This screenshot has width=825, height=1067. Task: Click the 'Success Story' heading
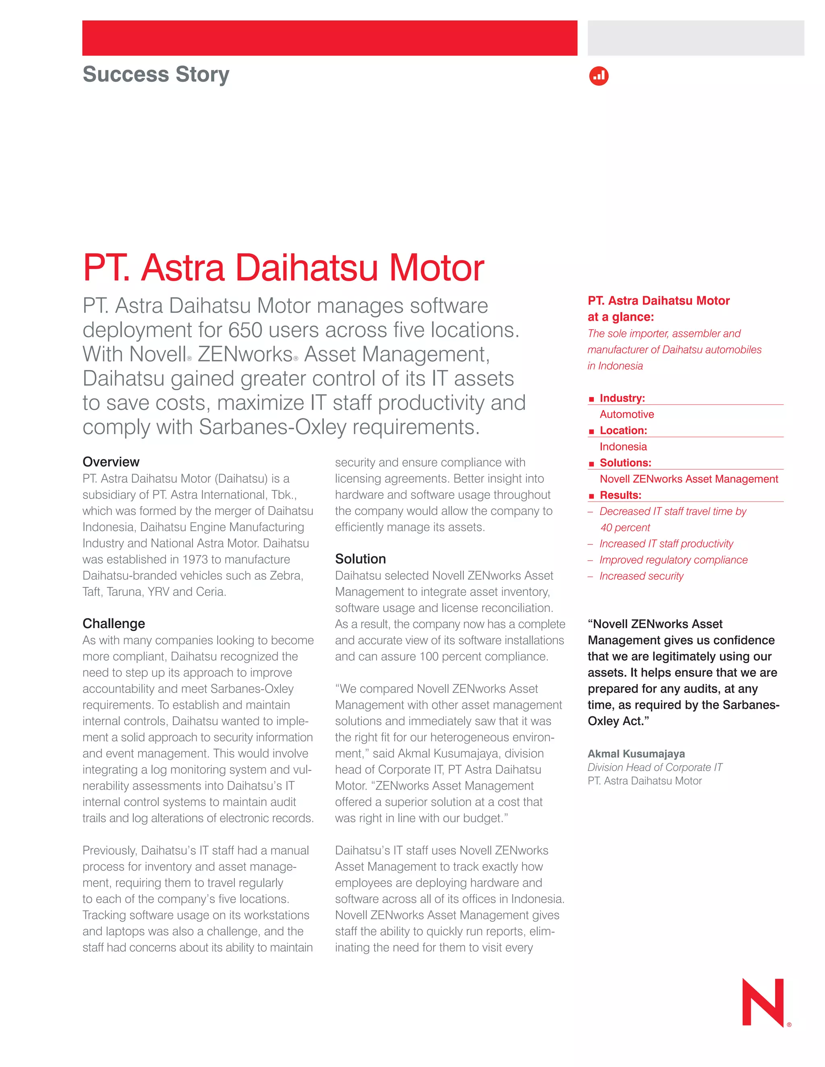click(155, 74)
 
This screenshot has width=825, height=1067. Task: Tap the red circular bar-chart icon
click(599, 76)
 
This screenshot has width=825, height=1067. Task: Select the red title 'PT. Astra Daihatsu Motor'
click(284, 268)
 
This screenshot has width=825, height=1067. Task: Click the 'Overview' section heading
click(111, 462)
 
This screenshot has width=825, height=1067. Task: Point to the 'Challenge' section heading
click(114, 623)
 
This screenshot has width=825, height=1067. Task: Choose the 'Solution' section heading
click(360, 559)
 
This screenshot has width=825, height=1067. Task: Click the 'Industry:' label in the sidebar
click(622, 398)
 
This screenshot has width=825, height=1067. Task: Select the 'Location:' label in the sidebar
click(623, 430)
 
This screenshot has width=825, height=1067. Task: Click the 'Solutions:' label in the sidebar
click(625, 463)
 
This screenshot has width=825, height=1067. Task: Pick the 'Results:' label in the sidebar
click(620, 495)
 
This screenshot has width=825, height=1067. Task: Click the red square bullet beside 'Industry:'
click(591, 399)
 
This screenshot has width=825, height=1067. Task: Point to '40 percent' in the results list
click(625, 527)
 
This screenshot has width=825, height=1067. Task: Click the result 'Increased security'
click(641, 576)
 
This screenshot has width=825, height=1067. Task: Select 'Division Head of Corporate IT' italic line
click(655, 767)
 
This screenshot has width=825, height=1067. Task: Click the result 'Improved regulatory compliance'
click(674, 560)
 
